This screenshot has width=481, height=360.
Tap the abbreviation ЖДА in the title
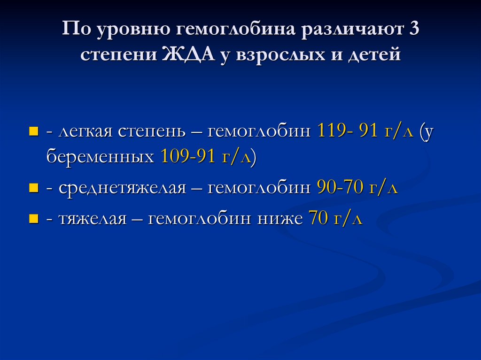tap(187, 55)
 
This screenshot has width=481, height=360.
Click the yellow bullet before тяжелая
tap(33, 218)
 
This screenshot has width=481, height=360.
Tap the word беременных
tap(100, 156)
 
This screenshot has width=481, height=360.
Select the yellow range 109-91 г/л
tap(206, 156)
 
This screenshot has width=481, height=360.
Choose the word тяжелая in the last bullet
tap(93, 219)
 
